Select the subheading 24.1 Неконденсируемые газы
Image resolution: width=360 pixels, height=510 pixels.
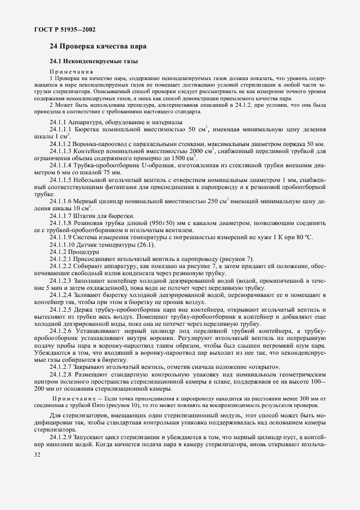pos(93,62)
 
